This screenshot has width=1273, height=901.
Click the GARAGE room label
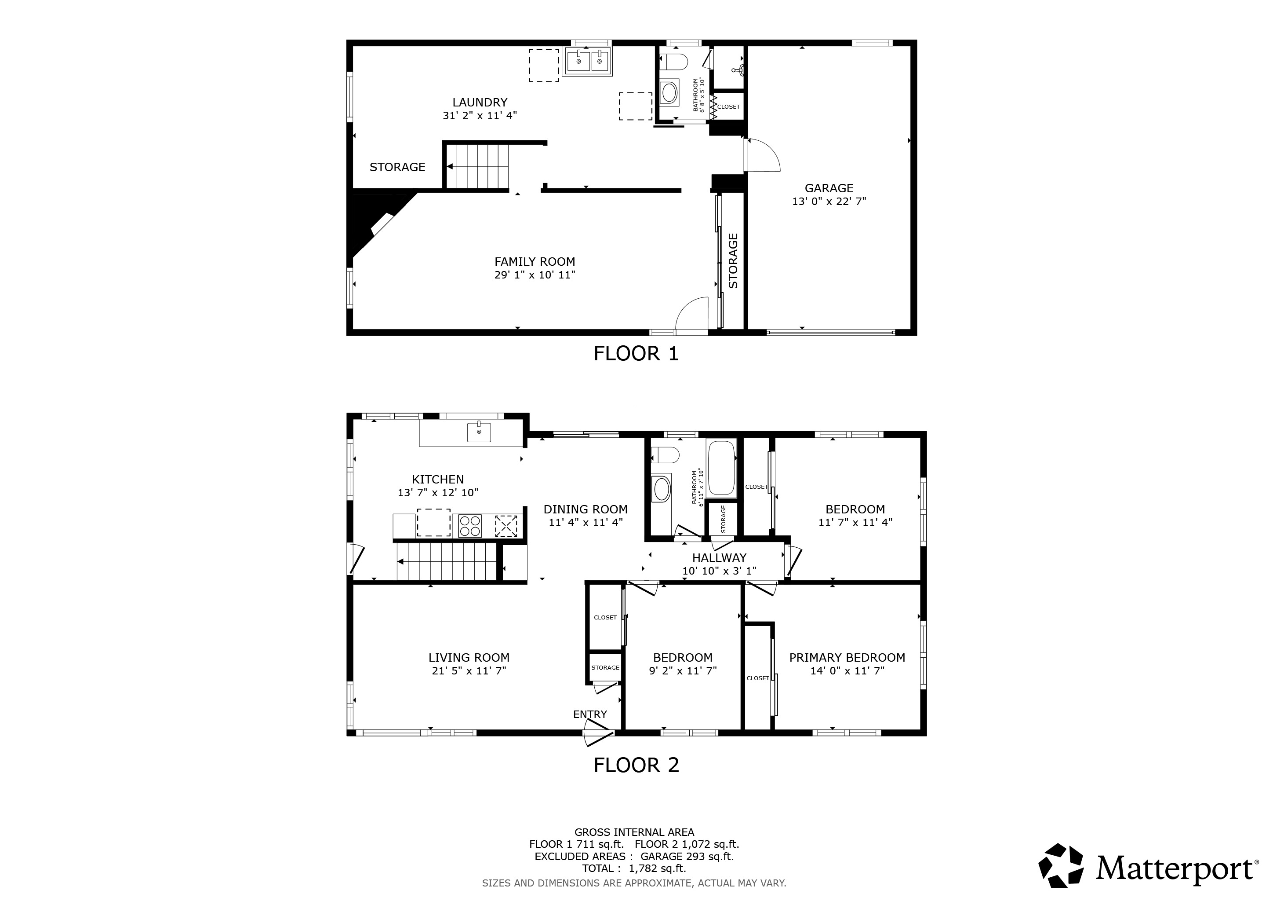click(x=829, y=188)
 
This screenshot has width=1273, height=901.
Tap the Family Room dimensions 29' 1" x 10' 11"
click(x=535, y=275)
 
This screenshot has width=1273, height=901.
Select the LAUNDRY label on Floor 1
click(x=480, y=103)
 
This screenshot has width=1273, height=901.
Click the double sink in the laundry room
click(x=587, y=61)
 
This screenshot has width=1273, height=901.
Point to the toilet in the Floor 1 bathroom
click(x=673, y=62)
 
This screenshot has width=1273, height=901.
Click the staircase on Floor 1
click(x=477, y=166)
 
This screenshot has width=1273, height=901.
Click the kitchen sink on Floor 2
click(x=479, y=432)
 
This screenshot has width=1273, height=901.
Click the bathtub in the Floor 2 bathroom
click(x=721, y=468)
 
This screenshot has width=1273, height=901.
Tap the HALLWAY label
click(x=719, y=557)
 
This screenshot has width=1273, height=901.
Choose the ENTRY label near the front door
click(x=590, y=714)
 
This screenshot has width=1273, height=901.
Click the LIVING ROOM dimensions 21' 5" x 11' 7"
click(x=469, y=671)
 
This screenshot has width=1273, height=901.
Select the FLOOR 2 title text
click(x=636, y=765)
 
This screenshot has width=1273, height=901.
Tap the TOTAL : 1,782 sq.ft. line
click(x=634, y=869)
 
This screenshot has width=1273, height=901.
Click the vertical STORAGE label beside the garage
click(x=733, y=261)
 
